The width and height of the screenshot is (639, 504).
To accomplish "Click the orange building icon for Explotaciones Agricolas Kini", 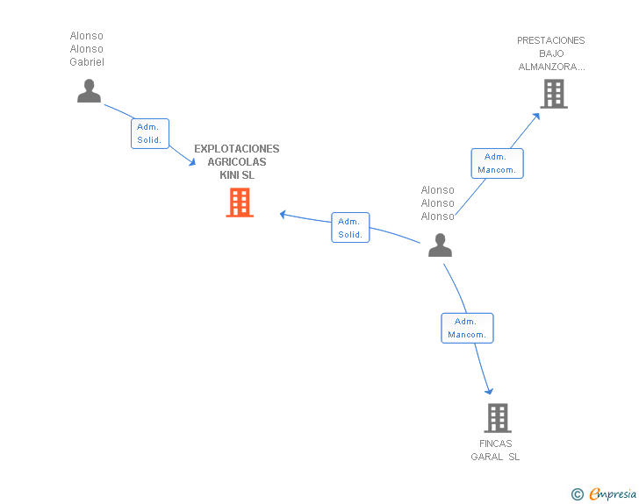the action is pyautogui.click(x=240, y=202).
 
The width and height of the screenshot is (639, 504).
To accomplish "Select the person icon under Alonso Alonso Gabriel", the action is pyautogui.click(x=89, y=91).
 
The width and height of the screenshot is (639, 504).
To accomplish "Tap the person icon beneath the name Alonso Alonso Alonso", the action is pyautogui.click(x=440, y=245).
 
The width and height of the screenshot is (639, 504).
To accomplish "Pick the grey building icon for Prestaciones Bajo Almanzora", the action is pyautogui.click(x=554, y=94).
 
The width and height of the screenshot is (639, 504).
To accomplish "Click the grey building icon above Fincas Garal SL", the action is pyautogui.click(x=498, y=418).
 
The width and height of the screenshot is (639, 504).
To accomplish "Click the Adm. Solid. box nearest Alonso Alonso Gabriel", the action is pyautogui.click(x=150, y=133).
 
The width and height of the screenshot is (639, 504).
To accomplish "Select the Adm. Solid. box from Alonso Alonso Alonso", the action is pyautogui.click(x=350, y=228).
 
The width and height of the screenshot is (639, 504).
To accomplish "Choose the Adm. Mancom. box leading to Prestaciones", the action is pyautogui.click(x=497, y=163).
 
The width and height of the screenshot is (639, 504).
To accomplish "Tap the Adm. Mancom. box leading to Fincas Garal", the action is pyautogui.click(x=468, y=328).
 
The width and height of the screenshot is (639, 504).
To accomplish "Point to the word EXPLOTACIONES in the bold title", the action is pyautogui.click(x=237, y=149).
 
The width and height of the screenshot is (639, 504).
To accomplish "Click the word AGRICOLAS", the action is pyautogui.click(x=237, y=162).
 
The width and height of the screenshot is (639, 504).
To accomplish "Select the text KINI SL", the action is pyautogui.click(x=237, y=175).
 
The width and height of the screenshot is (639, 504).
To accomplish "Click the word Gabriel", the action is pyautogui.click(x=87, y=62).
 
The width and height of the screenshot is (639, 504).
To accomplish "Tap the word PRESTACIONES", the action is pyautogui.click(x=551, y=40).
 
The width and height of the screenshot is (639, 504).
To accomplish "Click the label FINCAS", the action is pyautogui.click(x=496, y=444).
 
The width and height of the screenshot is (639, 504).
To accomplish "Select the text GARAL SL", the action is pyautogui.click(x=495, y=457).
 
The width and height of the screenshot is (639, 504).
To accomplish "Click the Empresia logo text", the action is pyautogui.click(x=613, y=493).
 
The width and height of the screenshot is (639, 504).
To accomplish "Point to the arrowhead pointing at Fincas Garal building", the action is pyautogui.click(x=489, y=391).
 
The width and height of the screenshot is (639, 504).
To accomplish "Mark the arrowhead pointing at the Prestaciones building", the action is pyautogui.click(x=536, y=117).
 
